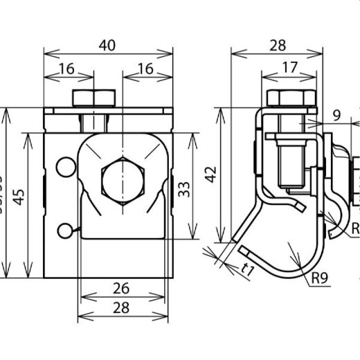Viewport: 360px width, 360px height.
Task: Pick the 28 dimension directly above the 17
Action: (276, 45)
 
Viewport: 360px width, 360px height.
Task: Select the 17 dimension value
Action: (290, 67)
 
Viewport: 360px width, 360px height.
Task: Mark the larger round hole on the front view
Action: (66, 166)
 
